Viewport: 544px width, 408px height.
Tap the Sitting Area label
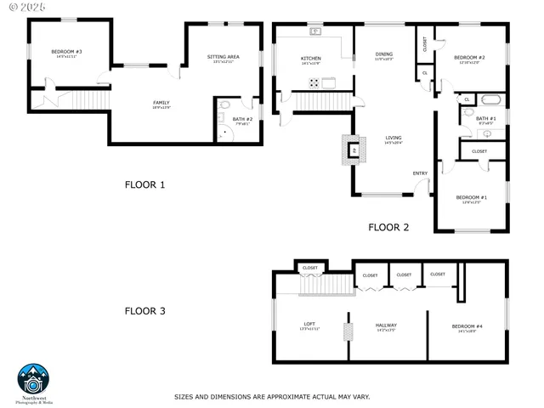[x=224, y=57]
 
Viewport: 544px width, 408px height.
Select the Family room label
[x=161, y=103]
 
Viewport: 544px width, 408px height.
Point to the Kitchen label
[x=311, y=59]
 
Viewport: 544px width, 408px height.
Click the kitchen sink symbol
[x=316, y=32]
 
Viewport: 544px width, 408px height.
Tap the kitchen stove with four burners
[x=314, y=83]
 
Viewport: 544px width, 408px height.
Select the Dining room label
[x=384, y=54]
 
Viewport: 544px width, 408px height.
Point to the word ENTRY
[x=420, y=173]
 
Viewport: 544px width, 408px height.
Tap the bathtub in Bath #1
[x=490, y=100]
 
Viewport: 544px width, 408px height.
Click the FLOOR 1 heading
[x=145, y=184]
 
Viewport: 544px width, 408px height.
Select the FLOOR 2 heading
[x=388, y=227]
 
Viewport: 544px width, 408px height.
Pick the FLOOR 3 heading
[x=145, y=311]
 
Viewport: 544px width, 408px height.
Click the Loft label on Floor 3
[x=309, y=325]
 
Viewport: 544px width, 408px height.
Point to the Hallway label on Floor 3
[x=387, y=325]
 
